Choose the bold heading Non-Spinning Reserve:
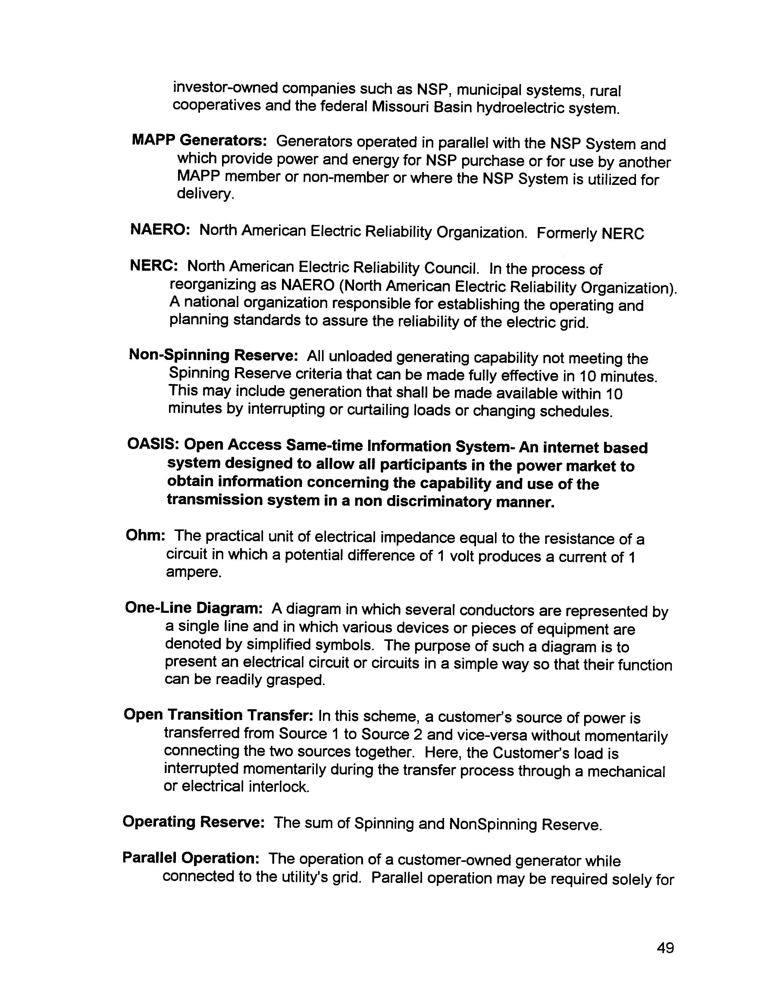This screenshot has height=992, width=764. tap(213, 355)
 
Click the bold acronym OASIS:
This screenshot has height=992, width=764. tap(152, 444)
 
